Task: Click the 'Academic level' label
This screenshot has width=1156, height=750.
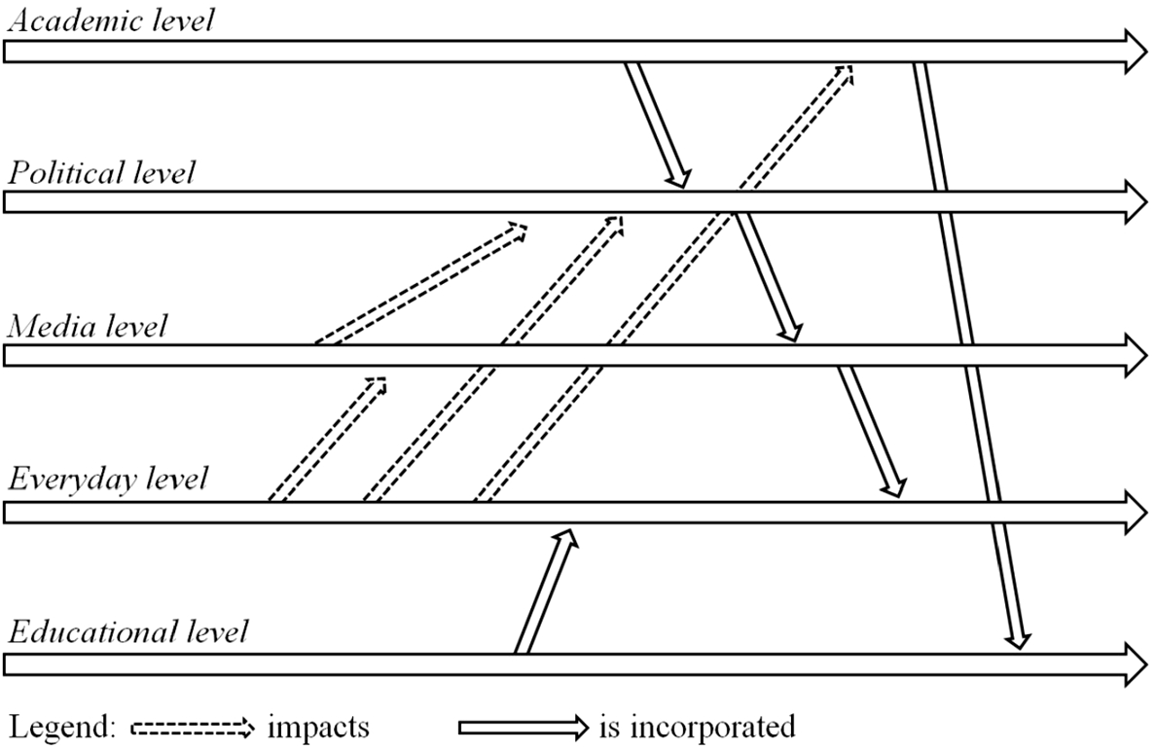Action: (x=109, y=20)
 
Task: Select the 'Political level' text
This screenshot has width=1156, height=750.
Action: (x=101, y=173)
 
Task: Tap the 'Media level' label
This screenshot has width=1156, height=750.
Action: (x=87, y=325)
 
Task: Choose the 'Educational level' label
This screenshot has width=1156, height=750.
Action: (x=127, y=632)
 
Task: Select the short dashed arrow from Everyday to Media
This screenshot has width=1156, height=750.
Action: (x=327, y=438)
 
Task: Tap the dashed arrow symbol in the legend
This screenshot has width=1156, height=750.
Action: (x=192, y=727)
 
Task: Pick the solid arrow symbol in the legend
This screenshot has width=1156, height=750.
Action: (x=524, y=727)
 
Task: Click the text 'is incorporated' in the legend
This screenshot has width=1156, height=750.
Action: (x=699, y=727)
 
